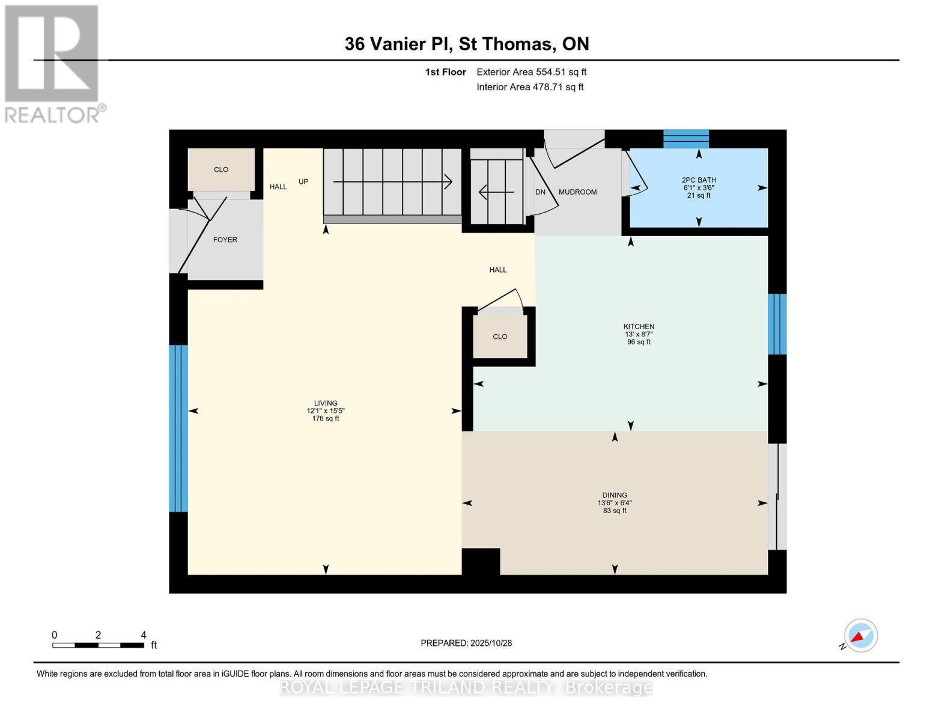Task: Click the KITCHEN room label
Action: tap(639, 327)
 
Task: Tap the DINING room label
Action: tap(615, 496)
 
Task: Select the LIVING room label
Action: tap(326, 403)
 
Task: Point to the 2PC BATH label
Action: tap(699, 180)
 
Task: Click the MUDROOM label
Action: tap(577, 192)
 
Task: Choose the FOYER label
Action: tap(225, 240)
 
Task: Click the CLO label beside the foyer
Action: tap(221, 169)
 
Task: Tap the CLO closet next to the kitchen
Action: tap(500, 336)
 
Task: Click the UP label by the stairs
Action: tap(303, 181)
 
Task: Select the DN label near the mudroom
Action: tap(540, 192)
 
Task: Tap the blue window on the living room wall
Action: tap(178, 428)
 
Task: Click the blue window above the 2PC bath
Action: tap(685, 139)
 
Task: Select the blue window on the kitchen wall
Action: tap(777, 324)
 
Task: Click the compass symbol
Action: tap(860, 636)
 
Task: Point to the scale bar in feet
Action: tap(98, 645)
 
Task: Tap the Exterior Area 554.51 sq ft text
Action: tap(531, 72)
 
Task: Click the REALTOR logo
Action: tap(52, 64)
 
